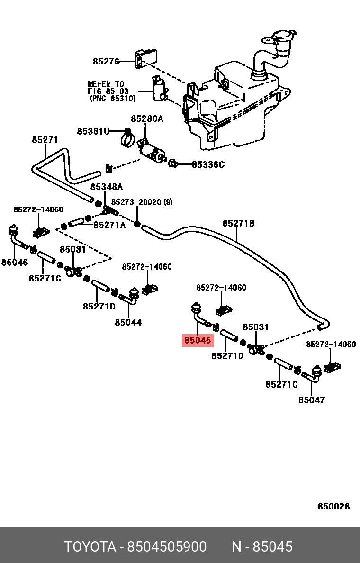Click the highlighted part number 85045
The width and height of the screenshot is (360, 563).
198,340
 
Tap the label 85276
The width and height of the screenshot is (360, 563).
106,62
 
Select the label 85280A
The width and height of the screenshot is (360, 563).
147,118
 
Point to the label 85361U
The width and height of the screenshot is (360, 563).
93,131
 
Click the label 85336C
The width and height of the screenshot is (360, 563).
208,164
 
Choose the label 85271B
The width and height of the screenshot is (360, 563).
238,223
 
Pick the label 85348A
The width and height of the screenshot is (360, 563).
107,187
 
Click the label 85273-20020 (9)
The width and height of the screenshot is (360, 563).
142,202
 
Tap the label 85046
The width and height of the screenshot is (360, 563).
15,263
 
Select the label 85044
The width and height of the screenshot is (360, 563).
128,322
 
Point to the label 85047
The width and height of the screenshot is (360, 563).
312,400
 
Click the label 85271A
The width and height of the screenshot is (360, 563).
109,225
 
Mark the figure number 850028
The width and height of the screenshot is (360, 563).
333,506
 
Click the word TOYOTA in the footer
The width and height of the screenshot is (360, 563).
90,547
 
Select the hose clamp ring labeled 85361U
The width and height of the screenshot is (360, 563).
126,138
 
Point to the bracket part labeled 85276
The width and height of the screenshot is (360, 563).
146,58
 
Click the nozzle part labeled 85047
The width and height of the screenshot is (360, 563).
313,374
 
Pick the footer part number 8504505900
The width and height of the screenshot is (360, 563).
167,547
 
